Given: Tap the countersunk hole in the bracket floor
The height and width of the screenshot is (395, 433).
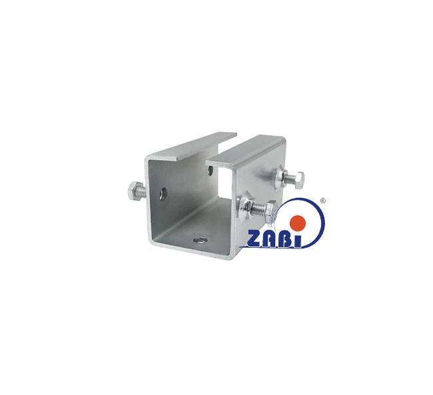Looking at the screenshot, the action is tap(201, 240).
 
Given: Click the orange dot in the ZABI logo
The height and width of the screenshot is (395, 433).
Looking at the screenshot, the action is tap(297, 222).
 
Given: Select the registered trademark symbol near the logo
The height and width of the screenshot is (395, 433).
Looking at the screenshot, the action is tap(322, 200).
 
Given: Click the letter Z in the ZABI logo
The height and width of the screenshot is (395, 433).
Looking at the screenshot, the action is tap(252, 238).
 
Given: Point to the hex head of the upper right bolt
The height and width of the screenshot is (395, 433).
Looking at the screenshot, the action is tap(298, 180).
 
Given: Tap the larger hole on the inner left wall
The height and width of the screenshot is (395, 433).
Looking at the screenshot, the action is tap(163, 194).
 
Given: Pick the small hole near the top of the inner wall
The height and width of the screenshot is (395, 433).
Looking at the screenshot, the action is tap(211, 171).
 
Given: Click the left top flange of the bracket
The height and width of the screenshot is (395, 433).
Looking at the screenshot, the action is tap(191, 147).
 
